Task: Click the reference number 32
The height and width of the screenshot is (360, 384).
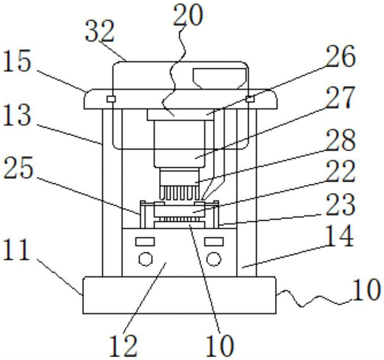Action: [x=100, y=31]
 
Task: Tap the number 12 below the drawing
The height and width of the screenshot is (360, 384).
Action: [x=123, y=345]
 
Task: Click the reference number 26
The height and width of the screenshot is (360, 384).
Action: [x=340, y=56]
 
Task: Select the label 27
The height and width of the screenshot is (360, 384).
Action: [x=340, y=98]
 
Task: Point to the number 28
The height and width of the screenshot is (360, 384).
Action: [x=340, y=139]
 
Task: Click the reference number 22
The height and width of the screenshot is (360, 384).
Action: [x=340, y=171]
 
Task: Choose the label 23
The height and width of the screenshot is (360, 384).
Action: [x=340, y=204]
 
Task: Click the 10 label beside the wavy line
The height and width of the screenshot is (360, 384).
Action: [x=366, y=290]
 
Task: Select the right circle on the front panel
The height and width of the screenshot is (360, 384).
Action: [x=214, y=259]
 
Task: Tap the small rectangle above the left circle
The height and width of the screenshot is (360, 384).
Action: [x=145, y=241]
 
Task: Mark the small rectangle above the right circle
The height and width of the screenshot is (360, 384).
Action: [x=214, y=241]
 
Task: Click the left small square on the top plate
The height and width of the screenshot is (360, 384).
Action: [x=111, y=99]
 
